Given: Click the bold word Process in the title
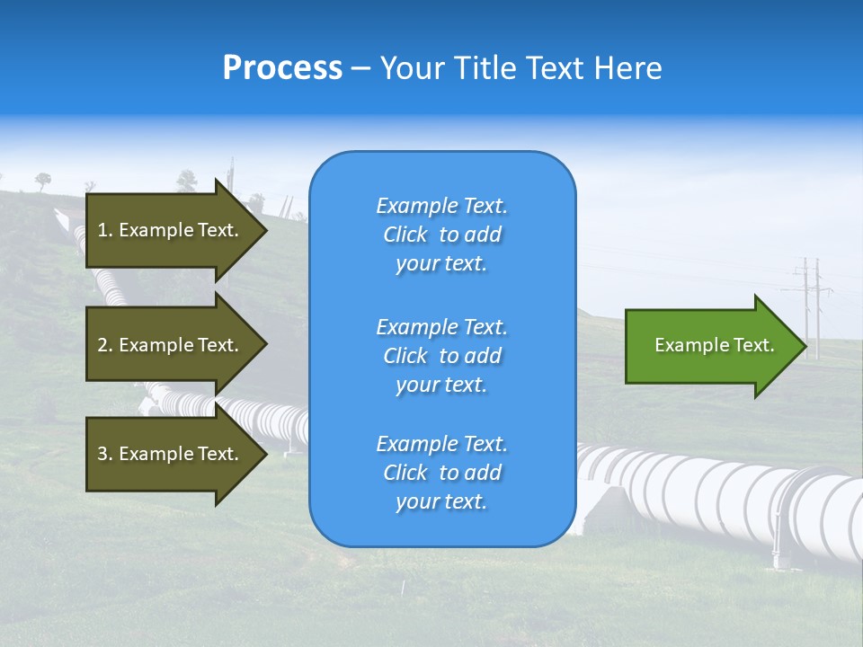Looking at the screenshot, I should [282, 68].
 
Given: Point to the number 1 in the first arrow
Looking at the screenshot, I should [102, 230].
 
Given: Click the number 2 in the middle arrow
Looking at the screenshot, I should [102, 345].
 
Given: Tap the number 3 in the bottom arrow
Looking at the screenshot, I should [102, 454].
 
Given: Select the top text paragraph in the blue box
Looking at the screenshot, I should [441, 235].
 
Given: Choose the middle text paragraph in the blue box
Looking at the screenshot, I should [441, 356].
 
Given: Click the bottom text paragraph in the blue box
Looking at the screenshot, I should [441, 473].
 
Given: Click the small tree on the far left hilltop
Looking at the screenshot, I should [43, 181].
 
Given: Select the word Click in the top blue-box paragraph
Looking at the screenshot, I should [405, 235].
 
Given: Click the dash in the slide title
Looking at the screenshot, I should [360, 68].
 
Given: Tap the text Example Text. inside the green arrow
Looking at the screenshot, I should [714, 345].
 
